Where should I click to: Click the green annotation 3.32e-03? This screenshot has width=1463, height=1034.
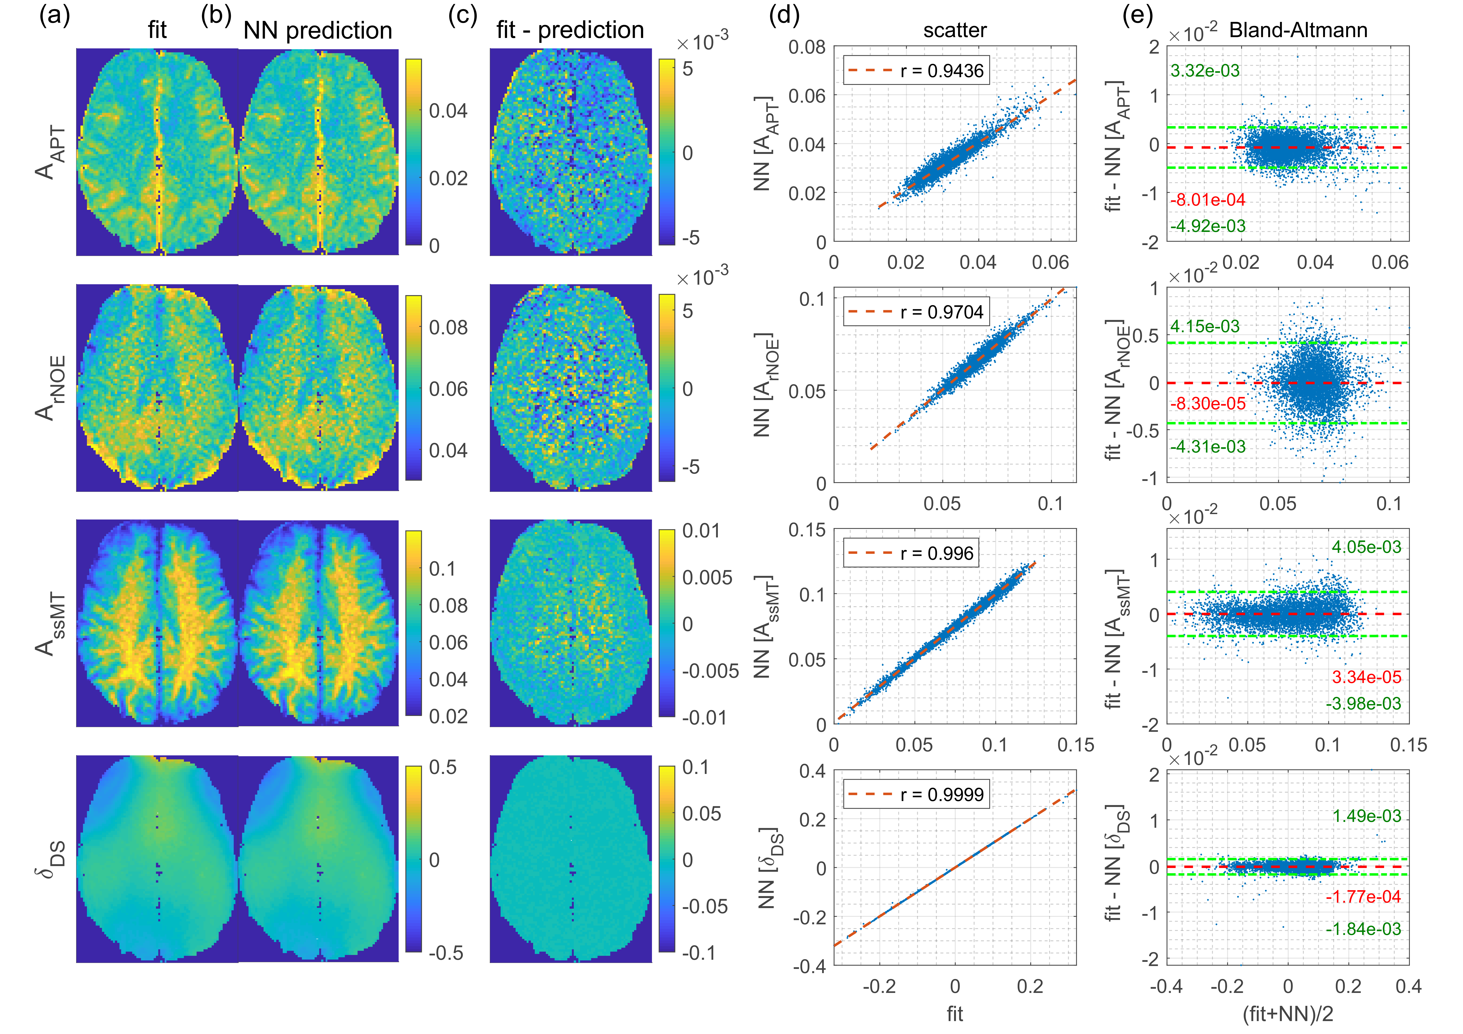pos(1205,71)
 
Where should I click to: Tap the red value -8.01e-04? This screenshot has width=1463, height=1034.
pos(1207,200)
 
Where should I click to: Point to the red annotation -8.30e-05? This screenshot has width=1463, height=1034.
pos(1207,404)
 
